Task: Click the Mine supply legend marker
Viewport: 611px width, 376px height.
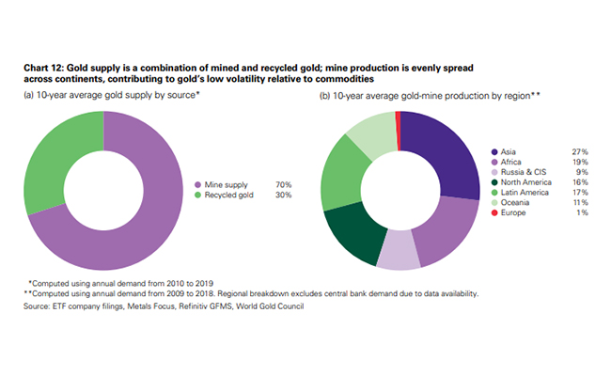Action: (x=197, y=184)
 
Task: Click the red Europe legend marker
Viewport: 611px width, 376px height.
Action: (x=494, y=214)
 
